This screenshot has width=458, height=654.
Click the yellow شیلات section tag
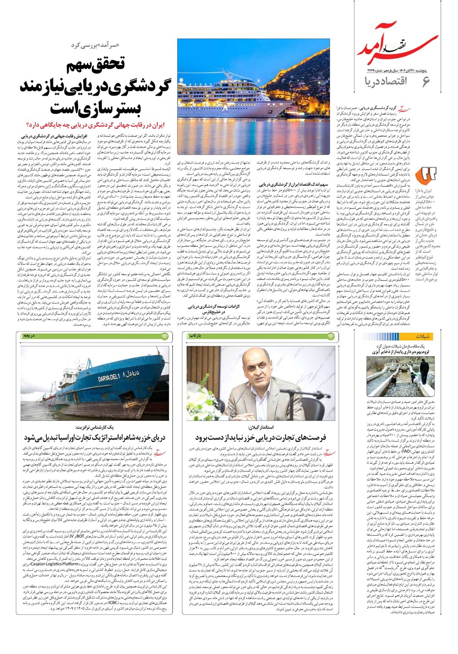422,337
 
